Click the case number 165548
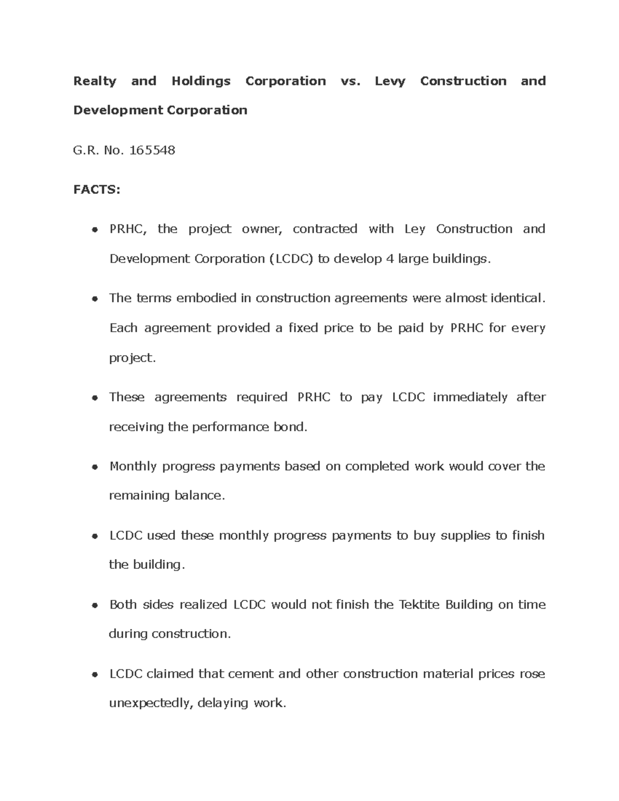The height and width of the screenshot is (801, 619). click(152, 150)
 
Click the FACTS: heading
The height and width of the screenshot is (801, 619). click(96, 189)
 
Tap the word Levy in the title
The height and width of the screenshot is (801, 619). click(390, 81)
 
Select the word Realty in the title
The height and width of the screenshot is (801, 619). click(95, 81)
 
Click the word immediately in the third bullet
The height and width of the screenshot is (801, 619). click(470, 397)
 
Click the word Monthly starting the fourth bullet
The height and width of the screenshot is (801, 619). click(133, 466)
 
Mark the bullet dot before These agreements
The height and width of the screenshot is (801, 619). click(94, 398)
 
